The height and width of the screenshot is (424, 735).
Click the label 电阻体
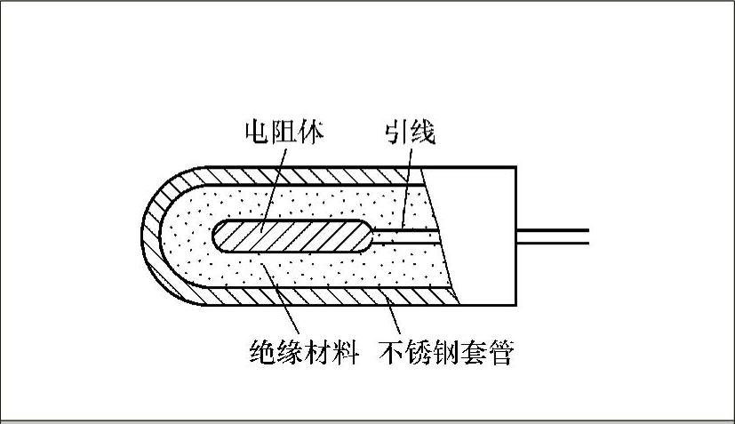[284, 132]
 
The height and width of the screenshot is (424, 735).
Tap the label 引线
[410, 132]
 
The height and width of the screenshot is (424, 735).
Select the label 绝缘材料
[302, 354]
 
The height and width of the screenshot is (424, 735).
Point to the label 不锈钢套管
[447, 354]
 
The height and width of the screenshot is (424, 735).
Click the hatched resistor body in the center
[293, 236]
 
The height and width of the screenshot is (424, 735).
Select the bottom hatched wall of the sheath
[311, 296]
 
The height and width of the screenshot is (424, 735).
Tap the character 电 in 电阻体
[259, 132]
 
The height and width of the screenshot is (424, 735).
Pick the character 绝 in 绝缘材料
[260, 354]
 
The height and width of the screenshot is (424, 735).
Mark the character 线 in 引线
[422, 132]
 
